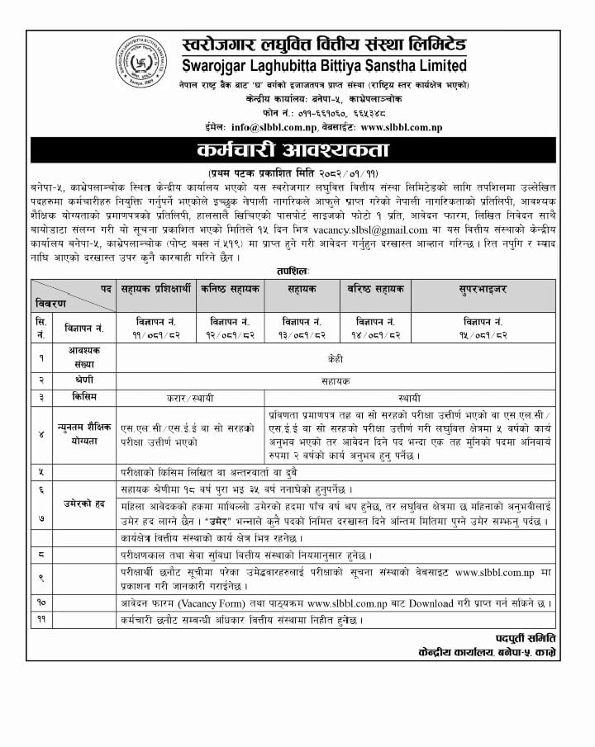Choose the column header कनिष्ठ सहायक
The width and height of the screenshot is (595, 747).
click(230, 291)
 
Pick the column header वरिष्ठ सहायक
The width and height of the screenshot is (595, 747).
click(375, 291)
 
